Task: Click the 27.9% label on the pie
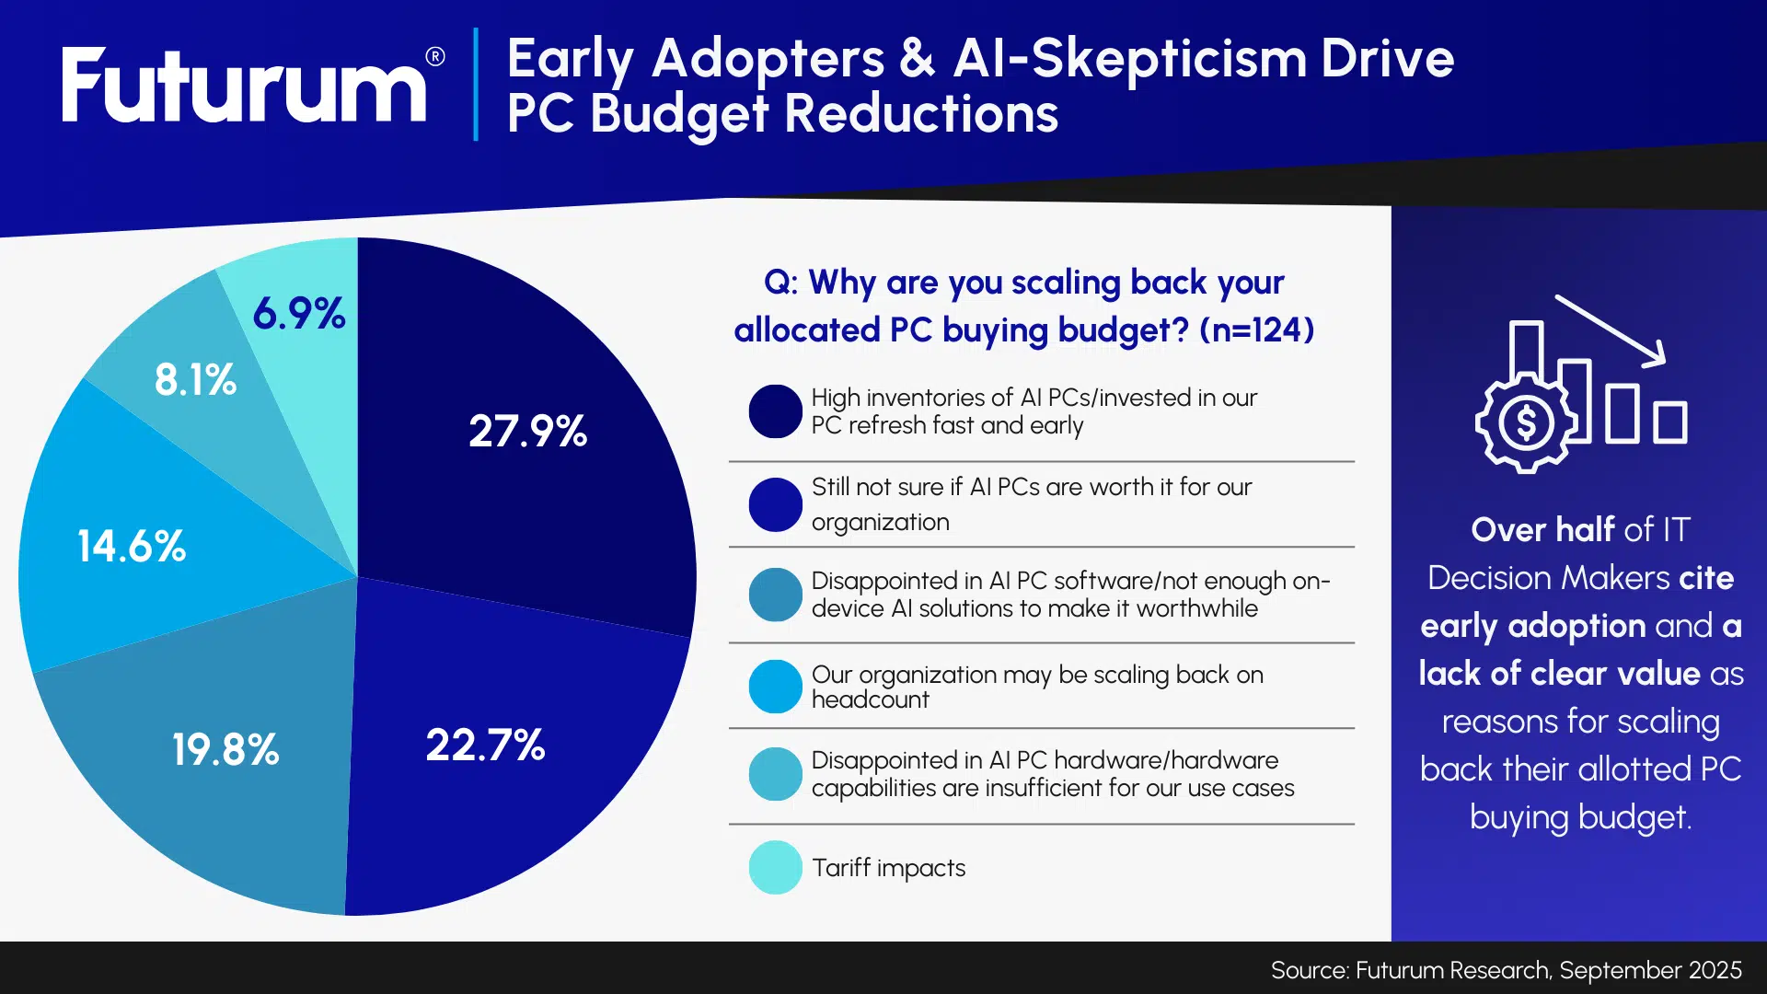click(527, 431)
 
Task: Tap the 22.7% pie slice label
click(485, 745)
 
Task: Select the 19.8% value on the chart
click(225, 749)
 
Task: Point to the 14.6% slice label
click(132, 546)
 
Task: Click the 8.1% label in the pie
click(195, 379)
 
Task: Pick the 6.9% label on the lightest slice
click(299, 314)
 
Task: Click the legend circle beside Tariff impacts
click(775, 867)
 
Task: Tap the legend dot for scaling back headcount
click(775, 687)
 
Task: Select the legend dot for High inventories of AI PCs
click(775, 411)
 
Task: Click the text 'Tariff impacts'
click(888, 868)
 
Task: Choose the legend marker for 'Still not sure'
click(775, 504)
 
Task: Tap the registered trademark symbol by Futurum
click(435, 57)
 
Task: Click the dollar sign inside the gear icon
click(1526, 424)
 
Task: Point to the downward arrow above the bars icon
click(1611, 329)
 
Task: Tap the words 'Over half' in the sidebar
click(1542, 530)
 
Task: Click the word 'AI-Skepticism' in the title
click(1129, 59)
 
